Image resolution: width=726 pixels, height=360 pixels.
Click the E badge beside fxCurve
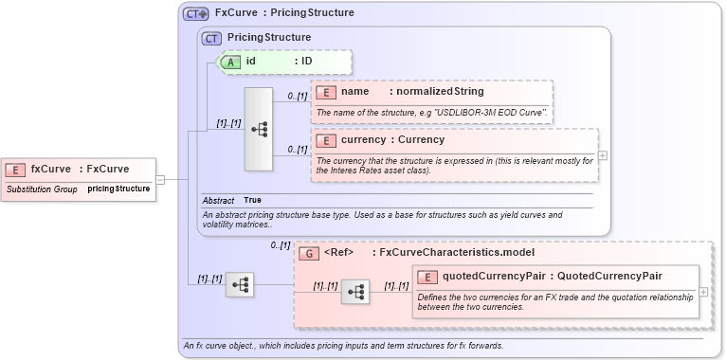15,170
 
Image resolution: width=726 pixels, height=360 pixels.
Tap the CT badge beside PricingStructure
212,38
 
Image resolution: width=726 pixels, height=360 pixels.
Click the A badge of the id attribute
231,62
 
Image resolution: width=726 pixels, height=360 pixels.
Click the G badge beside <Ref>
309,253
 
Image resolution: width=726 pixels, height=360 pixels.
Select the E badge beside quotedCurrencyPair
428,277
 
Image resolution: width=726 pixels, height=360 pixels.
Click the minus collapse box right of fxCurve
160,179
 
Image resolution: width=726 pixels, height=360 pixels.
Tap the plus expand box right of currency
603,155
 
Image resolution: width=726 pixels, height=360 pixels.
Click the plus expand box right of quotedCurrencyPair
703,292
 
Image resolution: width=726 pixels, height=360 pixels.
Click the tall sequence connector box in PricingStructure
259,130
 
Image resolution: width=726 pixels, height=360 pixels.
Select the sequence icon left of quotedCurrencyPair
355,293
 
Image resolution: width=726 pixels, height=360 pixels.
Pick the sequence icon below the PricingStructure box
240,284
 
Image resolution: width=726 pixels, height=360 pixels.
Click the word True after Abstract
253,201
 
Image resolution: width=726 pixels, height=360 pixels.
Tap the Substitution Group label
42,189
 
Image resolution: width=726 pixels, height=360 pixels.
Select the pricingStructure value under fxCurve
118,189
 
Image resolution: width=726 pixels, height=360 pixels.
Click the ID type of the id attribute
307,62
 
